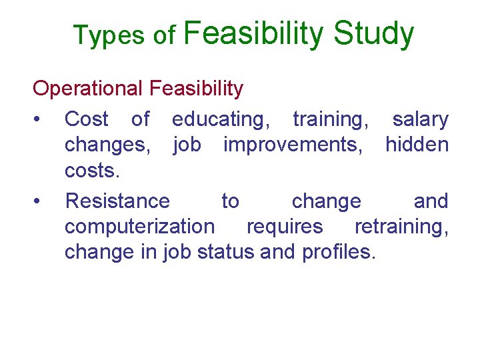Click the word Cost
click(86, 119)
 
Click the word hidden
click(417, 145)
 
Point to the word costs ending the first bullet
click(92, 171)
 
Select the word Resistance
click(117, 201)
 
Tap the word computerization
click(139, 227)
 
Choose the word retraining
click(401, 227)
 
